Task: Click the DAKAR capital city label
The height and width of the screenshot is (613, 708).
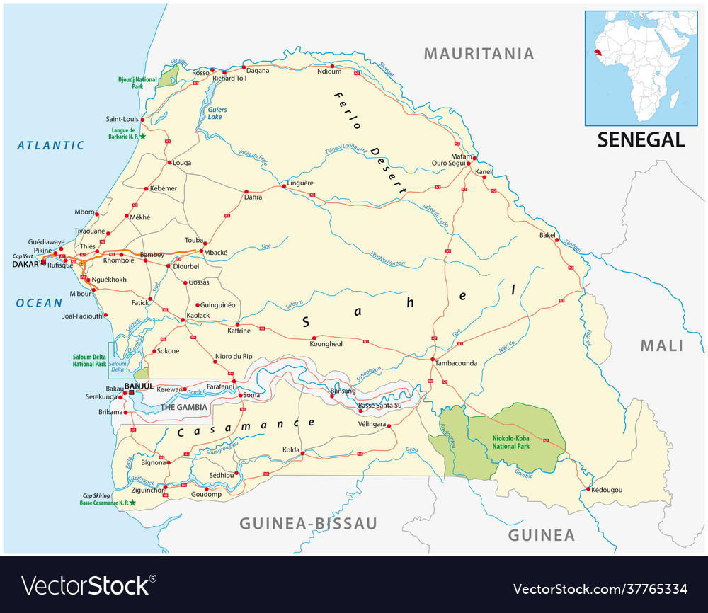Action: click(x=25, y=264)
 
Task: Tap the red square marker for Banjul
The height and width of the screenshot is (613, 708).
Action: click(x=131, y=391)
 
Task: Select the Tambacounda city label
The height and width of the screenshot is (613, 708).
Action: click(x=456, y=363)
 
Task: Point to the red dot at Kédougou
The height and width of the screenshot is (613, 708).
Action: click(x=588, y=488)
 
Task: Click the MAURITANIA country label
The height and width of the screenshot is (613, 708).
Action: click(x=478, y=54)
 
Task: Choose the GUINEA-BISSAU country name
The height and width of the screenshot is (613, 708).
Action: click(x=308, y=523)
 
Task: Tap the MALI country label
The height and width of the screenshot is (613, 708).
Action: click(x=662, y=345)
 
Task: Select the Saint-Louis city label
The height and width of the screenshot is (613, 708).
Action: click(x=122, y=119)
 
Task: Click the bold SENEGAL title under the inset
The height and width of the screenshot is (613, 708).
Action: click(x=641, y=139)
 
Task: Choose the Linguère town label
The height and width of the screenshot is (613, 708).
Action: click(x=300, y=183)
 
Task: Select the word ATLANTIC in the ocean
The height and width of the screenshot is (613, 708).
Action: click(x=51, y=145)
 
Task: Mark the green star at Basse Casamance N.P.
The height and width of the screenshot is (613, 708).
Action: click(x=132, y=503)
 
